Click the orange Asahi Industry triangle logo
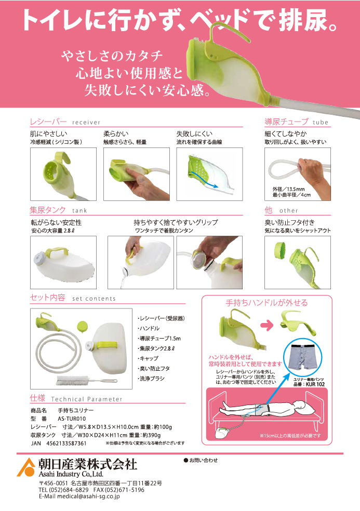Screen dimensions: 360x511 point(26,467)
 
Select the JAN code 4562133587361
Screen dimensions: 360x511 point(66,443)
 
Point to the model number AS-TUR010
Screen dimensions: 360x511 point(72,419)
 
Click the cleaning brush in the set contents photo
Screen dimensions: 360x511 point(87,380)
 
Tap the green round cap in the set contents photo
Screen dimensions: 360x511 point(82,326)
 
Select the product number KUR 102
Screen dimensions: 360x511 point(315,384)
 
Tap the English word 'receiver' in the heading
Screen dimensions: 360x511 point(86,123)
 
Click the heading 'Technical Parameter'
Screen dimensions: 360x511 point(87,399)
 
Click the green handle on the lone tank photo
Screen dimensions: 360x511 point(57,253)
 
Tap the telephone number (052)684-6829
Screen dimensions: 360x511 point(68,490)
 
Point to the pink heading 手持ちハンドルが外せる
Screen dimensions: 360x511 point(266,303)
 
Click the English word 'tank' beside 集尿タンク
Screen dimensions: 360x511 point(79,210)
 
